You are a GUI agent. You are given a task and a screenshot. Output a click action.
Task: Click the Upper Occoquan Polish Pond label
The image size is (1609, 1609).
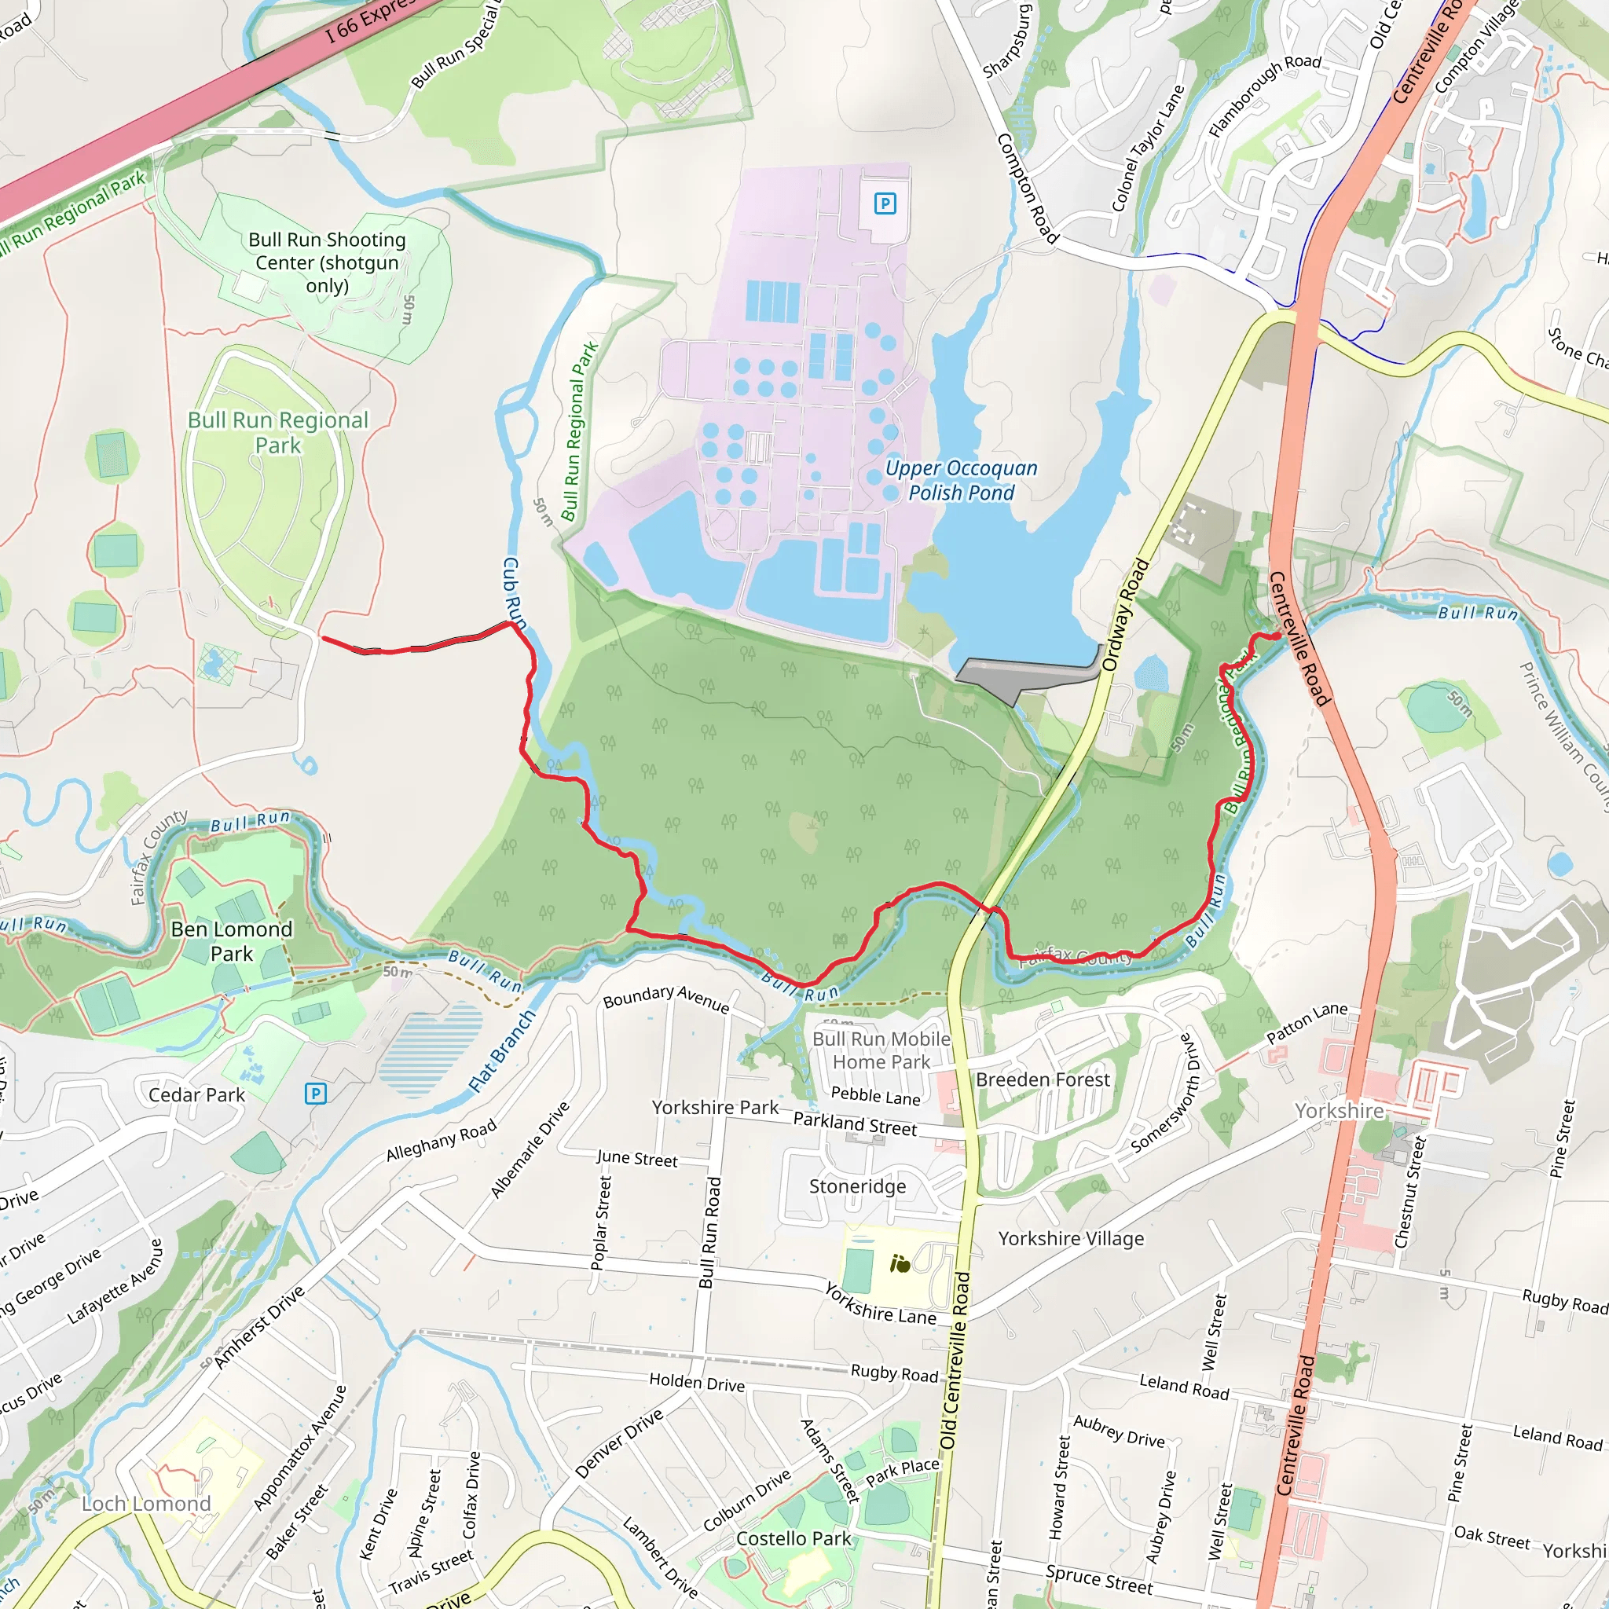pos(961,481)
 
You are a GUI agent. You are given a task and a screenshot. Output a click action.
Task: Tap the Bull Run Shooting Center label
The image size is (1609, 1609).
pos(328,262)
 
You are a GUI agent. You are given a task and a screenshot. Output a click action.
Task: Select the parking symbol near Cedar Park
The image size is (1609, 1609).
pos(315,1094)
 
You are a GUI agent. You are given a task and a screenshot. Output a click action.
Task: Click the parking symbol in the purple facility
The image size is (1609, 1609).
pos(885,203)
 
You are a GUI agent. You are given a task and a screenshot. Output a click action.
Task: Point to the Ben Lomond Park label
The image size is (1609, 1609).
pos(232,941)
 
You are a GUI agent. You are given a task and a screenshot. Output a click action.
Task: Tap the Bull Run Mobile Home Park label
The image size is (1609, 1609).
pos(881,1050)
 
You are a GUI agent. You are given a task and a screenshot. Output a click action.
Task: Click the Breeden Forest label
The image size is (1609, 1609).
pos(1043,1079)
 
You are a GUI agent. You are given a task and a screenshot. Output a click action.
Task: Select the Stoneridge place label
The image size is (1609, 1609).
pos(858,1186)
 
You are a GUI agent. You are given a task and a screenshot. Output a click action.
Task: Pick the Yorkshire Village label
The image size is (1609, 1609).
pos(1071,1238)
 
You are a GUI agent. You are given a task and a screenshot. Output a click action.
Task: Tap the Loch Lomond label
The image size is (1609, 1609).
pos(147,1503)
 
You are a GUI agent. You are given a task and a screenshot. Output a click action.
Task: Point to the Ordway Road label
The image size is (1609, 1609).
pos(1125,614)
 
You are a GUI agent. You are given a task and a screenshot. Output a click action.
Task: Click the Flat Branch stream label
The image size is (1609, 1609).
pos(502,1050)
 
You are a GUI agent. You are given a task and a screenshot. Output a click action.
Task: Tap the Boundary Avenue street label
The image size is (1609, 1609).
pos(666,999)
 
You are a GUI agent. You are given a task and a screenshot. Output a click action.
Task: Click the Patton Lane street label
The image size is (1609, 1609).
pos(1307,1023)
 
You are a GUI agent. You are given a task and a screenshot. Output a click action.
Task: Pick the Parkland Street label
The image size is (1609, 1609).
pos(855,1124)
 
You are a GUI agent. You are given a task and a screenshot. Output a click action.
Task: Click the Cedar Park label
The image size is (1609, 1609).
pos(196,1095)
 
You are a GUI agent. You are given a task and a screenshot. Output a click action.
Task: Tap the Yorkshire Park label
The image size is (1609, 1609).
pos(715,1108)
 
